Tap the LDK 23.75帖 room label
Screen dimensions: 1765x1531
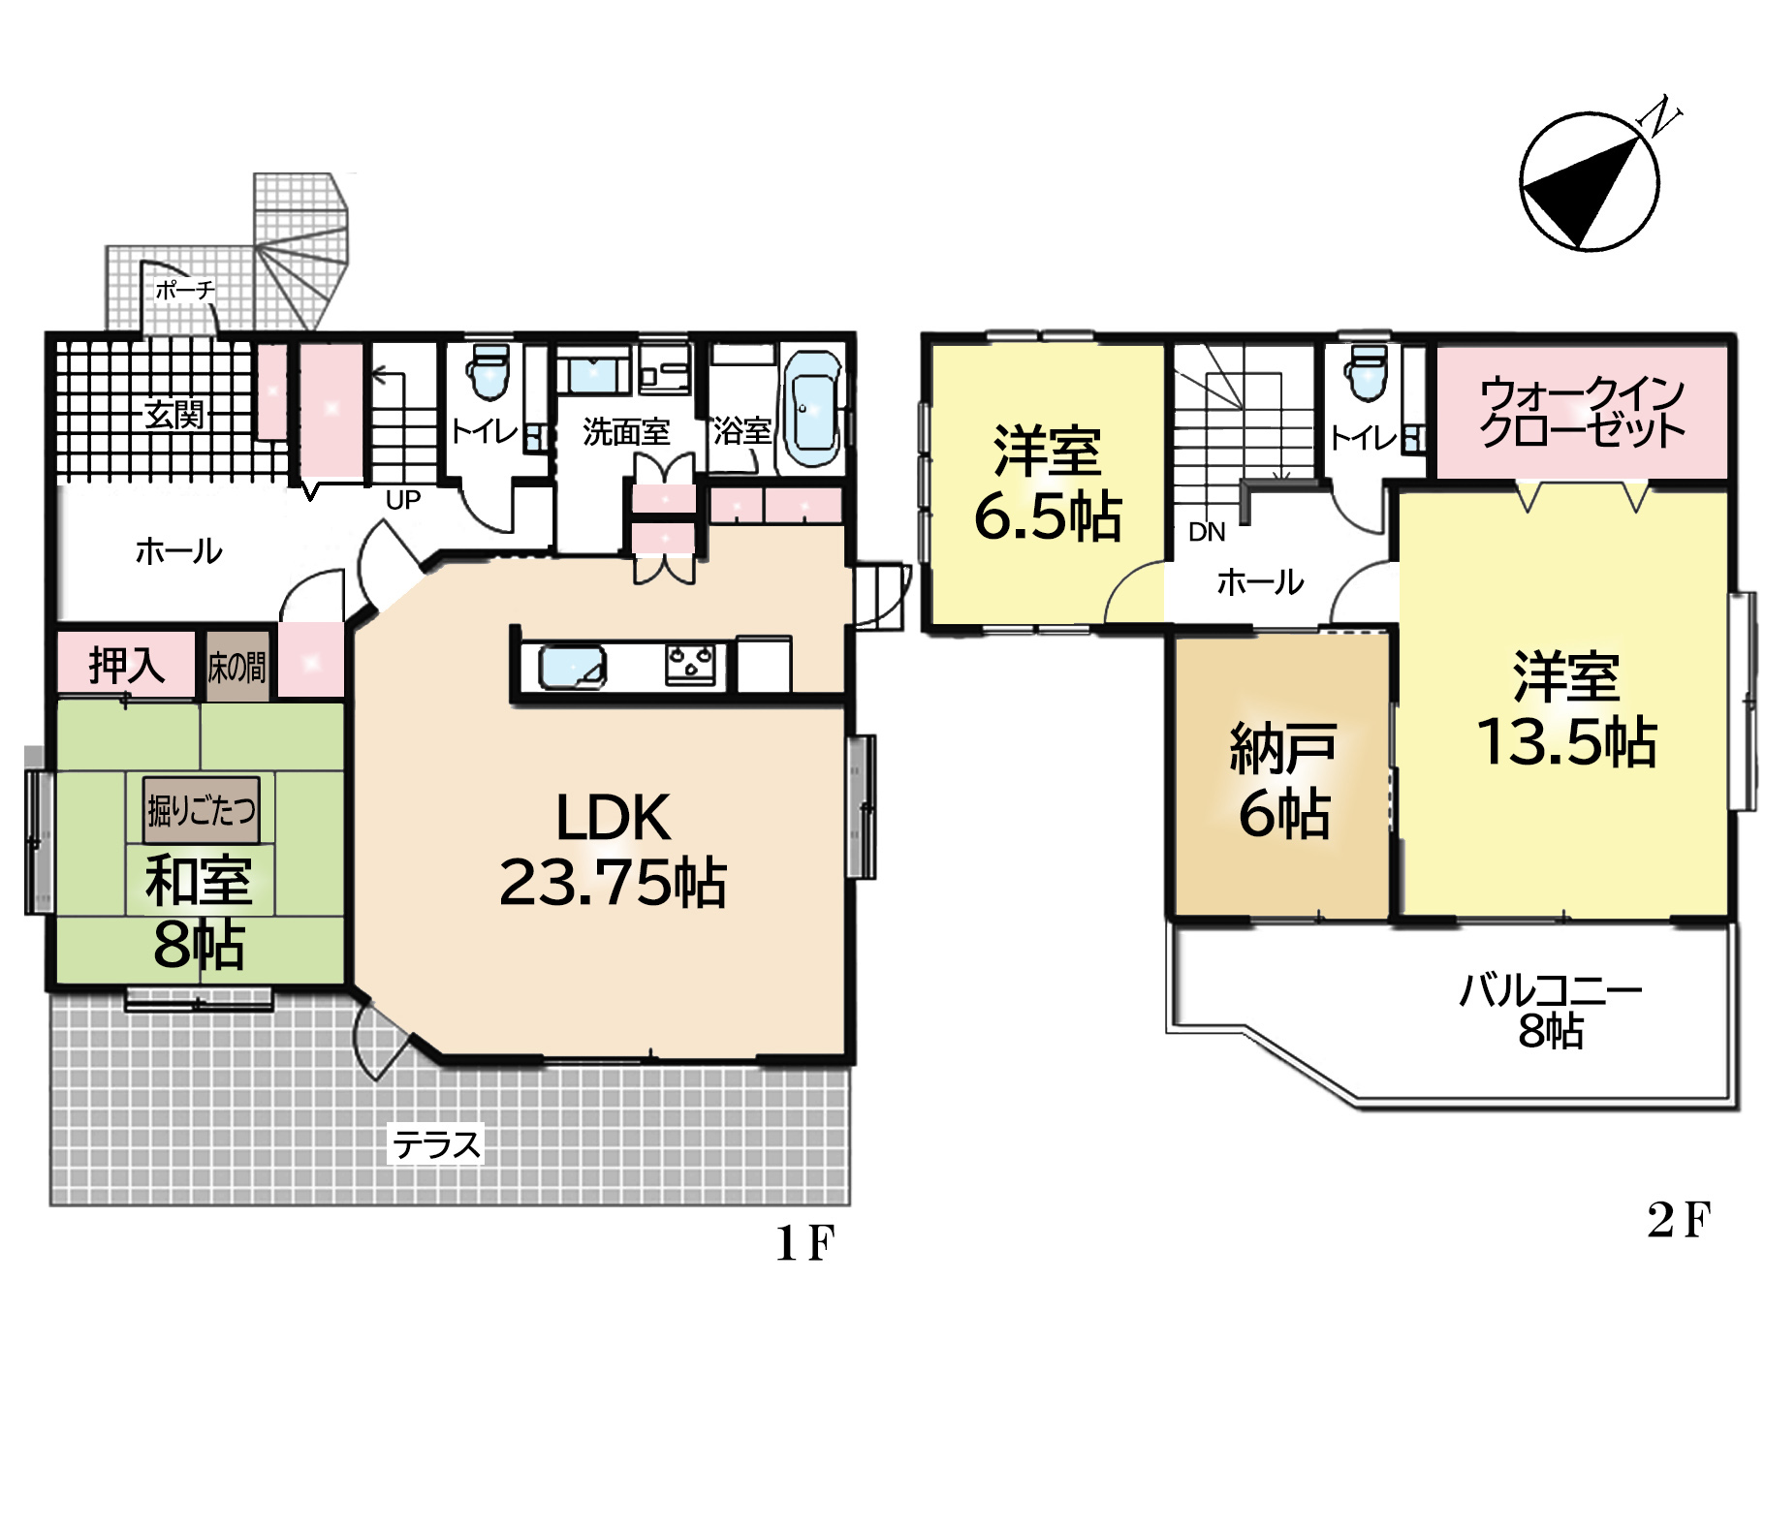(613, 850)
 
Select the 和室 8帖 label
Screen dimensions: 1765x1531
(200, 912)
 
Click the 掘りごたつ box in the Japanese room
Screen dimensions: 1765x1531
(202, 809)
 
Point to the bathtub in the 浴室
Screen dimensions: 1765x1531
(812, 409)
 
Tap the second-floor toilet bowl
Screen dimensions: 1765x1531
(1368, 372)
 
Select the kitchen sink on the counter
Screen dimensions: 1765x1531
(572, 667)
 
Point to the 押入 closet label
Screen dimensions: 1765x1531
(126, 665)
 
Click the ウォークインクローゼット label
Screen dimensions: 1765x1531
(1582, 411)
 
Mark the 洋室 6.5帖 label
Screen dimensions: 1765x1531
(1047, 482)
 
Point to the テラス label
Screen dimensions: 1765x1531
(436, 1144)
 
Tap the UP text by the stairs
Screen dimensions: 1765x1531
(403, 500)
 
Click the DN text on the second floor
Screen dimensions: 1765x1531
(1207, 532)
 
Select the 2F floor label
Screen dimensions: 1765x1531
(1679, 1220)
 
